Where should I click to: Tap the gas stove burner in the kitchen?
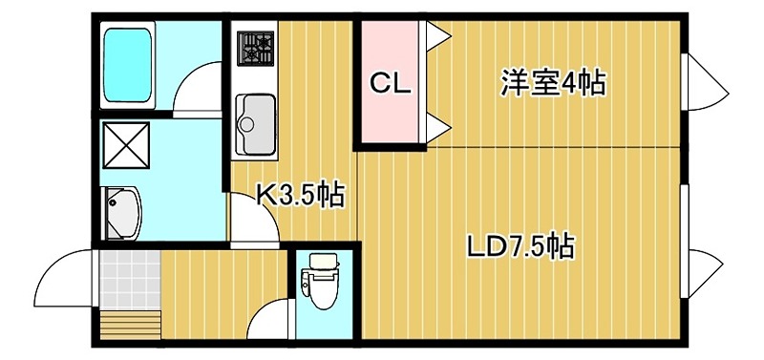pos(255,47)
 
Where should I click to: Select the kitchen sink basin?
pos(254,123)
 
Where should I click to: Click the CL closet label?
pos(390,84)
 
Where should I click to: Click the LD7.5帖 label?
pos(520,247)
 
